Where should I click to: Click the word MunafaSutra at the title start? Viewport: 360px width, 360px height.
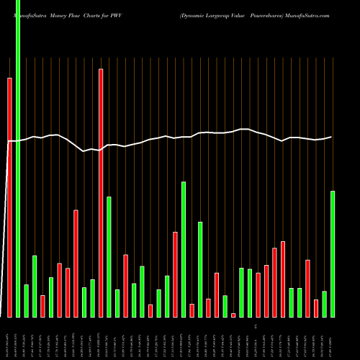pos(30,15)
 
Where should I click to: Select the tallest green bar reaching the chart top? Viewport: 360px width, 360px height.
pos(18,158)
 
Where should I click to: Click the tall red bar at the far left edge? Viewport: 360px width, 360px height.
pos(9,198)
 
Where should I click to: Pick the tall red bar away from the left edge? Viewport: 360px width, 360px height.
pos(101,193)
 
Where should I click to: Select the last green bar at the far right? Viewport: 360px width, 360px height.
pos(333,253)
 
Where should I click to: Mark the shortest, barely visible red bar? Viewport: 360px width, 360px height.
pos(233,315)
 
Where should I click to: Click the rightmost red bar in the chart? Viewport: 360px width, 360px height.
pos(316,308)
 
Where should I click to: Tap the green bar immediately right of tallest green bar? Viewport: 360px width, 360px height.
pos(26,301)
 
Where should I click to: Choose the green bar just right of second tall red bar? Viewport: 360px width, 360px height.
pos(109,256)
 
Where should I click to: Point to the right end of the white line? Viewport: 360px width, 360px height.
pos(331,137)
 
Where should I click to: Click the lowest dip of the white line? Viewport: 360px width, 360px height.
pos(84,151)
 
